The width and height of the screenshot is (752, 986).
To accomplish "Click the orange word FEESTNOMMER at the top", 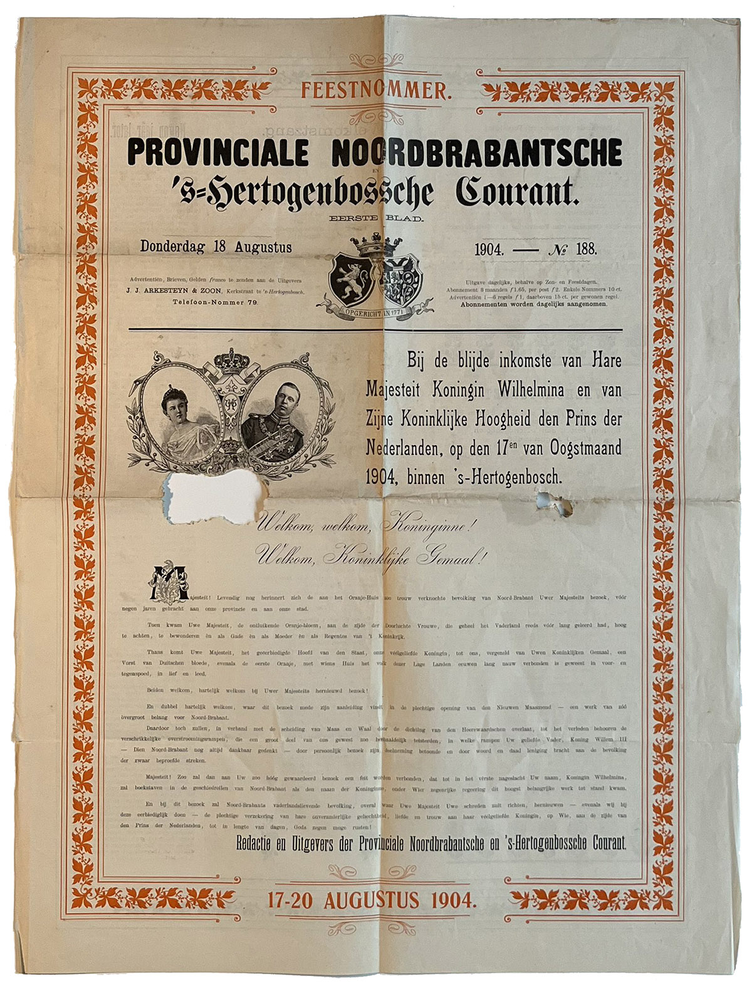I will (375, 91).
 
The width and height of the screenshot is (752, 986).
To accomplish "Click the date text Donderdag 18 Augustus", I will (216, 247).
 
